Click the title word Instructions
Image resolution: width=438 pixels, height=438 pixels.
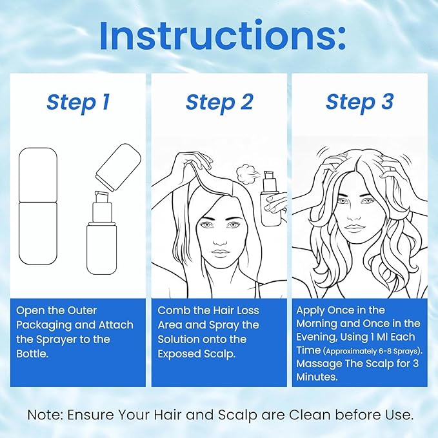pyautogui.click(x=222, y=37)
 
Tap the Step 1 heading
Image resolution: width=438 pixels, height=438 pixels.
pyautogui.click(x=78, y=102)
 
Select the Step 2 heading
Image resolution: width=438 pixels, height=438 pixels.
pyautogui.click(x=219, y=102)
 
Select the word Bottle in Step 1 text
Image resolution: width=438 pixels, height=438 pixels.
pyautogui.click(x=32, y=353)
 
